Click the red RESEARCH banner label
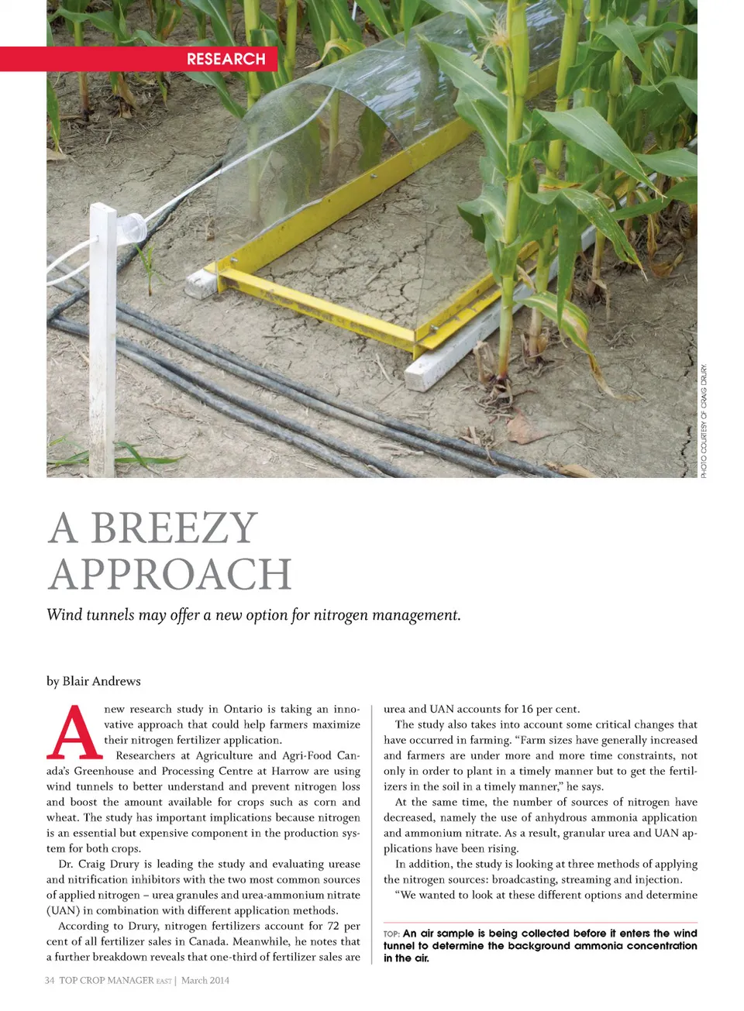click(226, 59)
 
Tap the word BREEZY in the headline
click(174, 528)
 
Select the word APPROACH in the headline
click(170, 574)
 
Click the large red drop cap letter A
click(74, 732)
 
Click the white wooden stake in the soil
click(102, 341)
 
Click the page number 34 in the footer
click(50, 980)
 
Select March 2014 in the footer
click(205, 980)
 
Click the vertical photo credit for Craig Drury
click(704, 421)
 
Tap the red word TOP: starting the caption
click(391, 934)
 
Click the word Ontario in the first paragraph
click(243, 709)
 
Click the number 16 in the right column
click(527, 709)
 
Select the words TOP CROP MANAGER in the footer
click(106, 980)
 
